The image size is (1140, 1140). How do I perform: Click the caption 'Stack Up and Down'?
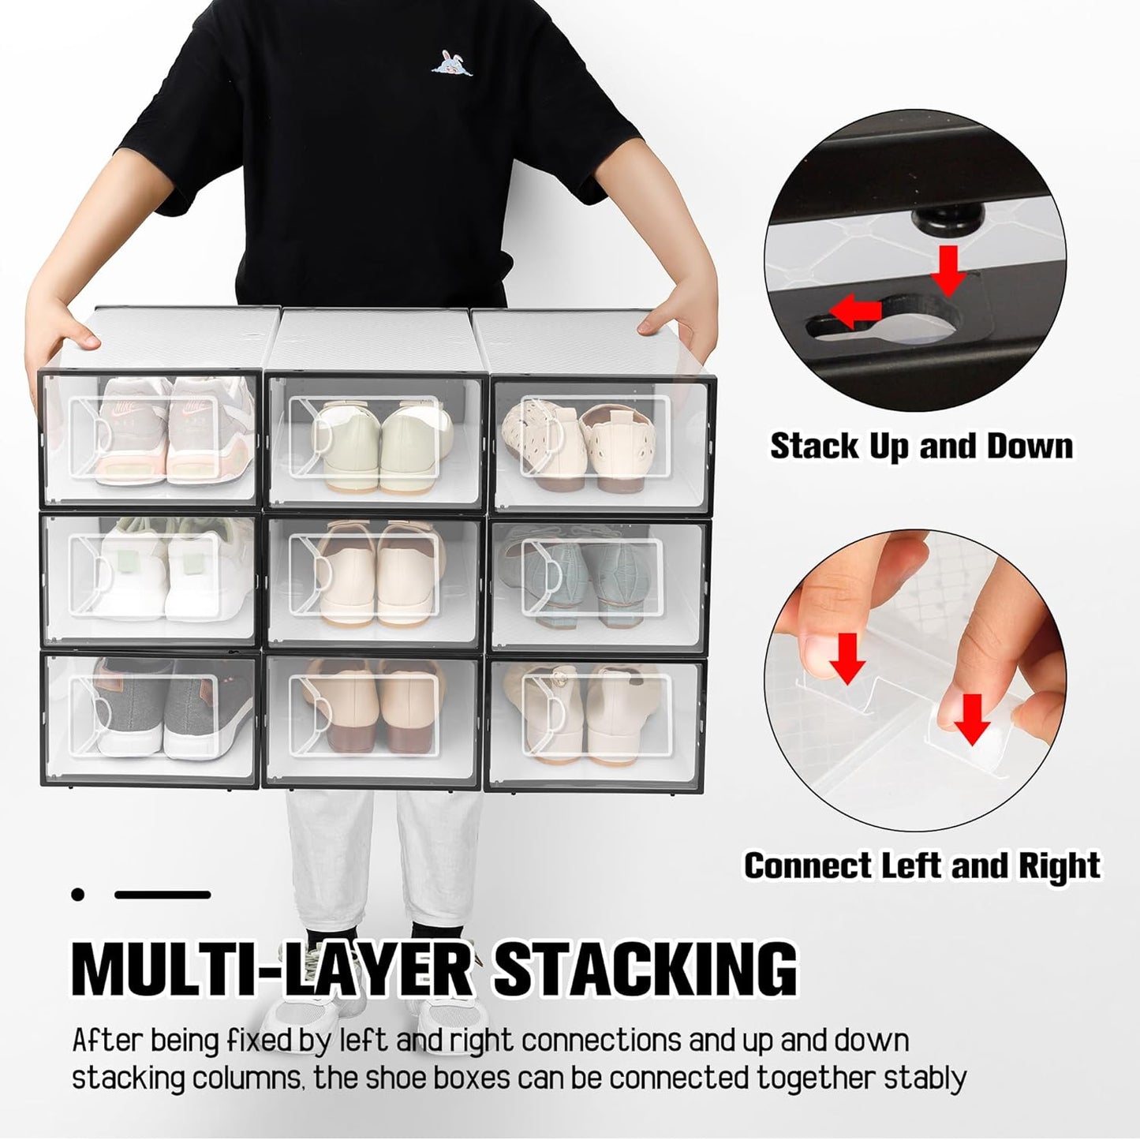click(921, 446)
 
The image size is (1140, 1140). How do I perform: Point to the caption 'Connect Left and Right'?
click(921, 865)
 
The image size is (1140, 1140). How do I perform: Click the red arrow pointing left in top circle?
click(860, 311)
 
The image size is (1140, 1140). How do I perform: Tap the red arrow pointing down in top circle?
click(948, 269)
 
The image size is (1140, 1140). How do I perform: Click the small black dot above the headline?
click(77, 894)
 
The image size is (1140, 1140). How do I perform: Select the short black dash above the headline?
click(163, 895)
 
